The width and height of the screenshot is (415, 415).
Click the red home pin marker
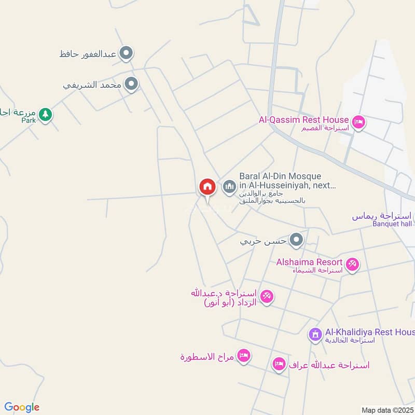click(x=207, y=187)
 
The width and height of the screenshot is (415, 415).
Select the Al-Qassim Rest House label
click(x=303, y=120)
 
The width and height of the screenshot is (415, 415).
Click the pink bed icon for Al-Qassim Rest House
click(x=358, y=123)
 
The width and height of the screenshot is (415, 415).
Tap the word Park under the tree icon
click(x=28, y=120)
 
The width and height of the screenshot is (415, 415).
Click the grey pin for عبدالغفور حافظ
click(x=126, y=53)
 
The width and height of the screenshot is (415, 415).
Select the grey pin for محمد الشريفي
click(x=132, y=84)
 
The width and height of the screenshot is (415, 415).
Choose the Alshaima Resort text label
click(x=309, y=262)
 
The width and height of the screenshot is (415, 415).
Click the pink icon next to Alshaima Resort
click(x=352, y=265)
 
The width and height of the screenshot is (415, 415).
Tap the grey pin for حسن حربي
click(x=296, y=240)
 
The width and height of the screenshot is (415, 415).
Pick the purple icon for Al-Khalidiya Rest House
click(x=315, y=335)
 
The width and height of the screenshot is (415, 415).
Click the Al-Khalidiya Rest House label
click(x=369, y=332)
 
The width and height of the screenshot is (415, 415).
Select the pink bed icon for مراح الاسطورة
click(x=243, y=356)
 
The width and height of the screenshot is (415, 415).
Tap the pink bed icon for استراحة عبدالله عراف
click(x=279, y=364)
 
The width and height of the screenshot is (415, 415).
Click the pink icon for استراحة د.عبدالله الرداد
click(x=267, y=297)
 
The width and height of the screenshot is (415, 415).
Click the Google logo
click(x=22, y=407)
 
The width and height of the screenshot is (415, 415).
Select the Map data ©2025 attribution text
click(x=386, y=410)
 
